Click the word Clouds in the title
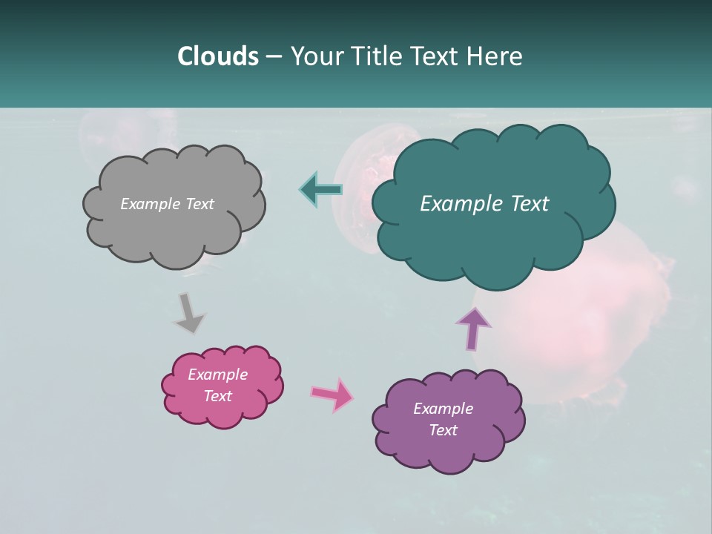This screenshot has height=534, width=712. coord(217,56)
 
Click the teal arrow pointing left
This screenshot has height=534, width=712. coord(321,189)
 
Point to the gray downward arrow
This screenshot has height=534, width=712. coord(188,312)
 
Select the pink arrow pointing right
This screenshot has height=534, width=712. coord(332,395)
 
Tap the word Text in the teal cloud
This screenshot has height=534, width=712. coord(524,204)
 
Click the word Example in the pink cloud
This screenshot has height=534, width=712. coord(217,375)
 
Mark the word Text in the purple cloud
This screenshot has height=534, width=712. coord(443,430)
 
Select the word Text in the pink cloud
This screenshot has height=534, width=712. coord(217,396)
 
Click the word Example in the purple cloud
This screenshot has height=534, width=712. coord(443,409)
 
